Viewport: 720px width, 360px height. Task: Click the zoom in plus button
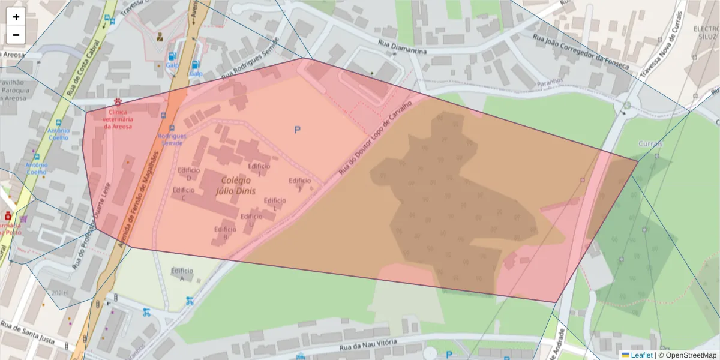pyautogui.click(x=16, y=17)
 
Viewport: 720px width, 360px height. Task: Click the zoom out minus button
pyautogui.click(x=16, y=35)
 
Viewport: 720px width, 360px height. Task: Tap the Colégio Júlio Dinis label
pyautogui.click(x=238, y=185)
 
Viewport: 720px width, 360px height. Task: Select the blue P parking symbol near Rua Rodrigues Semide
pyautogui.click(x=297, y=130)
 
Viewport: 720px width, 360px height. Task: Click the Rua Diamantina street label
pyautogui.click(x=403, y=47)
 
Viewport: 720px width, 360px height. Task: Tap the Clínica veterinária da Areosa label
pyautogui.click(x=118, y=119)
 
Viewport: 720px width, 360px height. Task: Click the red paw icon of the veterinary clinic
pyautogui.click(x=118, y=102)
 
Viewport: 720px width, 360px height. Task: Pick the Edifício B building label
pyautogui.click(x=225, y=233)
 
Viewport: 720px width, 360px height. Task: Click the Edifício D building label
pyautogui.click(x=188, y=173)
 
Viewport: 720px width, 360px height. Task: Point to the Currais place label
pyautogui.click(x=651, y=144)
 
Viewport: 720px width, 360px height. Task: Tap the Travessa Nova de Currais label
pyautogui.click(x=663, y=46)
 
